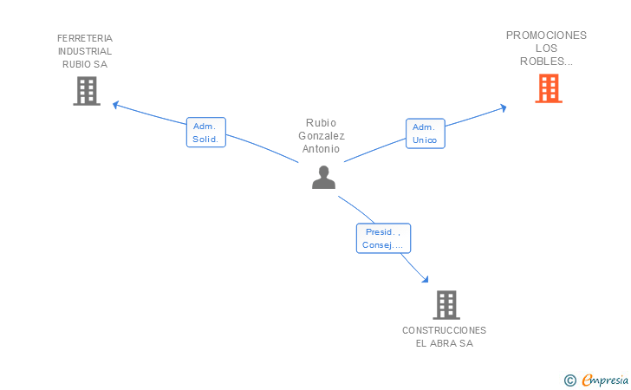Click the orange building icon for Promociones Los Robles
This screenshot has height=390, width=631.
548,88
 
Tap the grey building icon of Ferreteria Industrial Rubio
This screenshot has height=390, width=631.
86,91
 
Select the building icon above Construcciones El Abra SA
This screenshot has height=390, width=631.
446,305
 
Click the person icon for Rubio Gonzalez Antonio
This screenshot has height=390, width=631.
323,178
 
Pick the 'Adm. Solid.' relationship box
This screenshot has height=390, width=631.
205,133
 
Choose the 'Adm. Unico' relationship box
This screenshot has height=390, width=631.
425,133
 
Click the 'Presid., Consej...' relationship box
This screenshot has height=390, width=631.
383,238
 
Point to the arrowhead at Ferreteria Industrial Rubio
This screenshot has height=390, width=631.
116,106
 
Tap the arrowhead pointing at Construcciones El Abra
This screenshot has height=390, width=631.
425,279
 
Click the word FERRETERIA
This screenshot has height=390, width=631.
85,38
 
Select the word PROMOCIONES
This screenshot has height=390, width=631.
546,36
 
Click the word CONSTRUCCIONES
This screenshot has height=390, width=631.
444,330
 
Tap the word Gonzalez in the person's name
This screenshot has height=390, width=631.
321,136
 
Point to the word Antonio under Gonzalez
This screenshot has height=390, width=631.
321,149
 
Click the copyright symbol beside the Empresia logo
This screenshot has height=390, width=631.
569,380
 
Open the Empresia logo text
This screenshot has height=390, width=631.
605,380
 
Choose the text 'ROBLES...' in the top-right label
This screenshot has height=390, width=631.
546,61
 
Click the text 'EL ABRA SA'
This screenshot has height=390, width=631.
444,343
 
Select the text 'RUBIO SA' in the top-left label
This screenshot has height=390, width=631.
85,64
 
